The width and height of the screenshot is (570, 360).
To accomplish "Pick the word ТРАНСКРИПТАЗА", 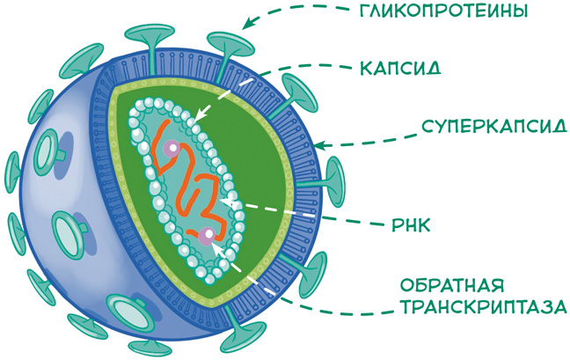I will pyautogui.click(x=483, y=307).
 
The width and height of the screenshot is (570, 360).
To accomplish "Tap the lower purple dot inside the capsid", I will pyautogui.click(x=206, y=235).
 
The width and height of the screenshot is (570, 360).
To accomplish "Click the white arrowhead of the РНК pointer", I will pyautogui.click(x=228, y=202).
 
